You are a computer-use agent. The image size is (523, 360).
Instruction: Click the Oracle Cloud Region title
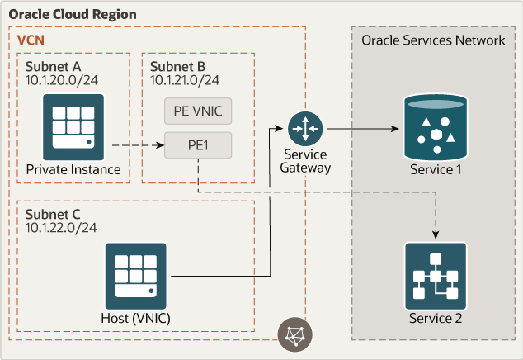pyautogui.click(x=73, y=15)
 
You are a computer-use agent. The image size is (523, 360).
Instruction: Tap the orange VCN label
pyautogui.click(x=31, y=39)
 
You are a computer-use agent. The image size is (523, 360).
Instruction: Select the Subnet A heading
pyautogui.click(x=52, y=67)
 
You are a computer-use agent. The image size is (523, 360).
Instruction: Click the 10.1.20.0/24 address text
pyautogui.click(x=60, y=80)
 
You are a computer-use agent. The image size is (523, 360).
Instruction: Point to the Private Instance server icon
pyautogui.click(x=73, y=125)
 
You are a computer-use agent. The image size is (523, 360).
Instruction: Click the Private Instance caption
pyautogui.click(x=73, y=170)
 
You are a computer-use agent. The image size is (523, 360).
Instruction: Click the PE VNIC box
pyautogui.click(x=198, y=110)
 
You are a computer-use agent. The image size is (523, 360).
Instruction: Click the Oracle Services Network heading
pyautogui.click(x=433, y=40)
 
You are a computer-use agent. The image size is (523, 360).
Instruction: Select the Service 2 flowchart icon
pyautogui.click(x=435, y=274)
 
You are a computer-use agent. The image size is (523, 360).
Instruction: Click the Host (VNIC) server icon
pyautogui.click(x=135, y=274)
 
